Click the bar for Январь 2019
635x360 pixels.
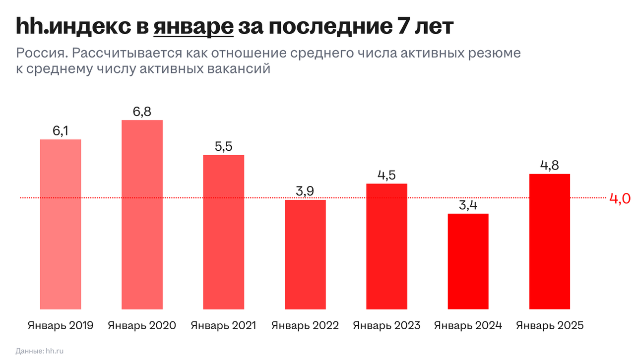point(61,224)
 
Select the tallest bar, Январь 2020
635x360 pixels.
point(142,215)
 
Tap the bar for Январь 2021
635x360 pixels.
point(223,232)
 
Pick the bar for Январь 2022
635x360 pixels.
point(305,254)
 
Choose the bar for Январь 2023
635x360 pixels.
point(386,246)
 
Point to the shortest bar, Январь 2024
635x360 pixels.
point(468,261)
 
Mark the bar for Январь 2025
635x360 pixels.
point(549,241)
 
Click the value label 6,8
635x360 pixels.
point(142,112)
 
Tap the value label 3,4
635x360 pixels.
point(468,205)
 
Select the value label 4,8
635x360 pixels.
point(549,166)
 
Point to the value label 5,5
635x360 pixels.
point(223,147)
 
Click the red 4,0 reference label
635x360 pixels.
point(620,198)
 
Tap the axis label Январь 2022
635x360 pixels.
point(305,326)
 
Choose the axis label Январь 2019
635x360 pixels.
point(61,326)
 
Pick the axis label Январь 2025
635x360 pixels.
point(549,326)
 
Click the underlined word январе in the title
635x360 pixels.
point(193,27)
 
